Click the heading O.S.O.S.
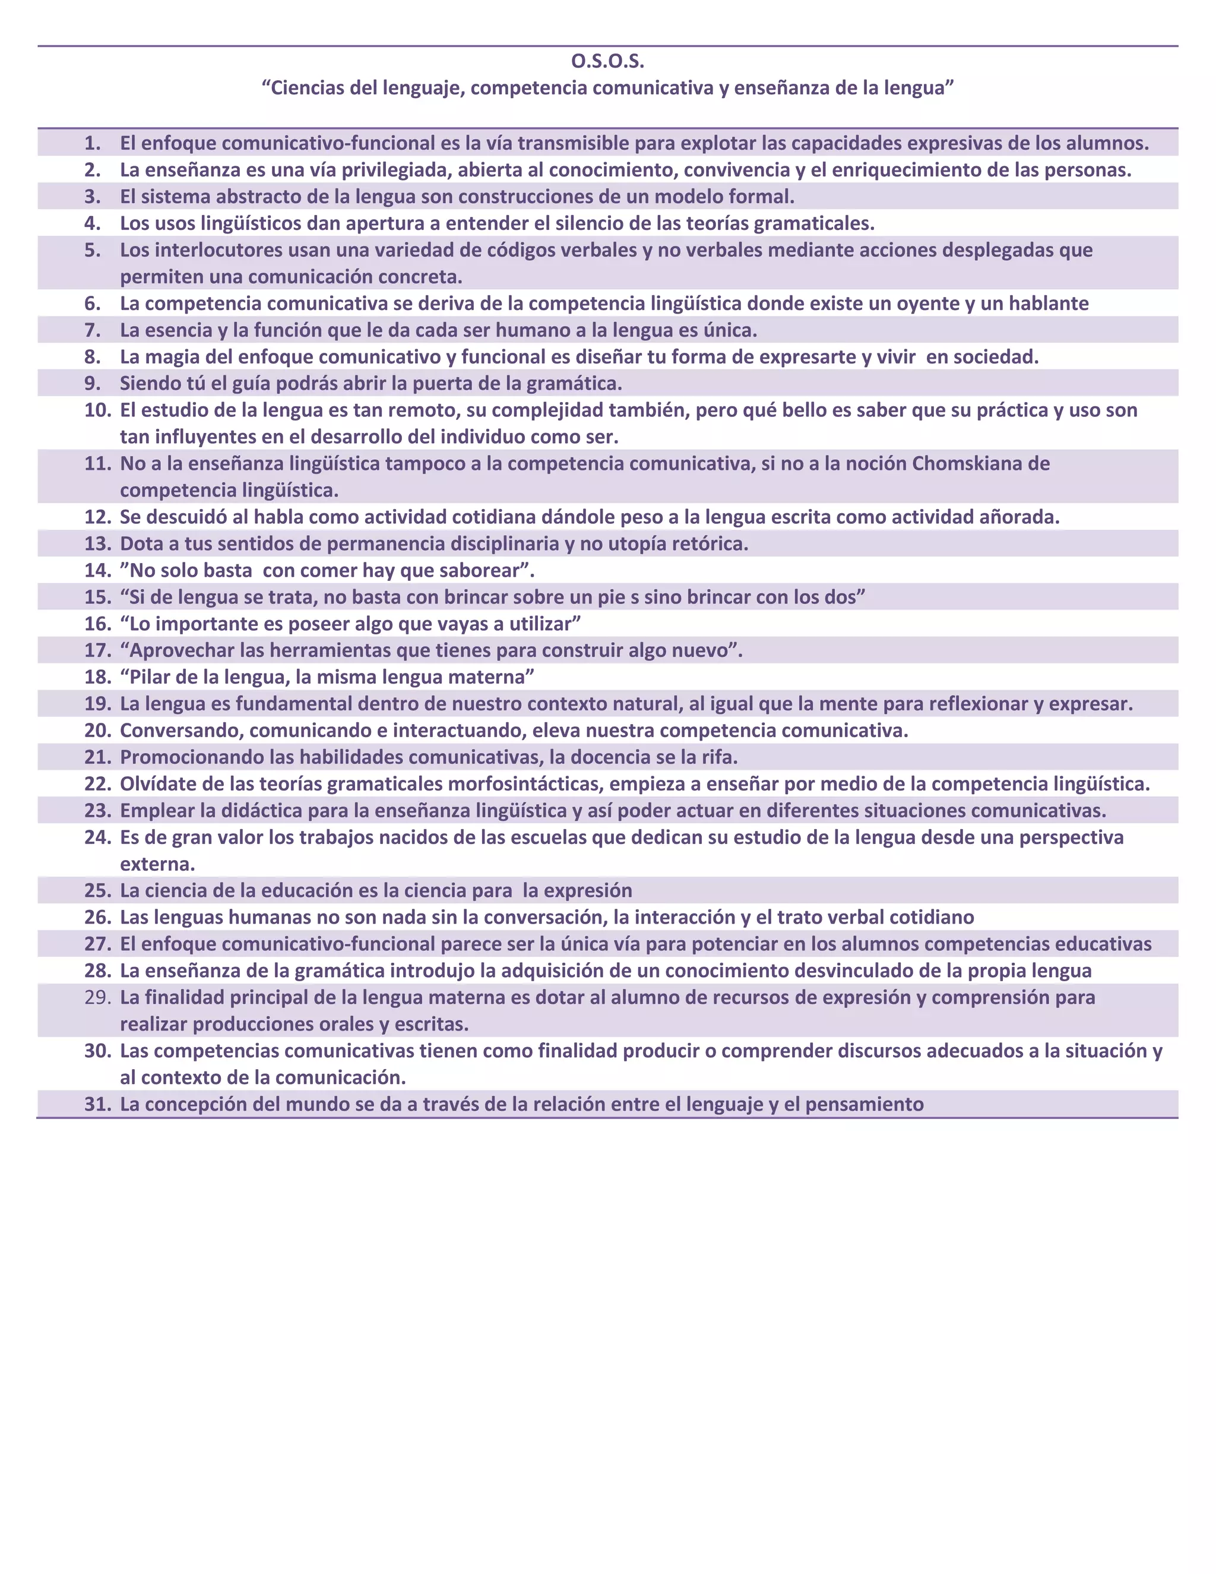(607, 62)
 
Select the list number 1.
(92, 143)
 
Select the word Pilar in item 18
(151, 677)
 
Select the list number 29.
(97, 997)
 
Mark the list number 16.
(97, 624)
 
